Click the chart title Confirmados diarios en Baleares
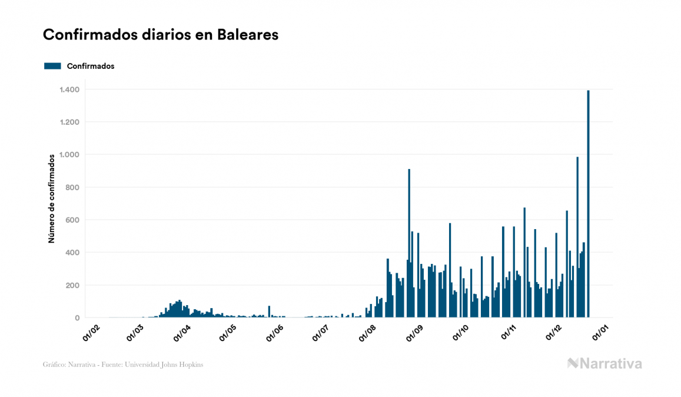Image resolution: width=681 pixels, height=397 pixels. [x=161, y=35]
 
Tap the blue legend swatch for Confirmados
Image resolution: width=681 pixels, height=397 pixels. [x=52, y=66]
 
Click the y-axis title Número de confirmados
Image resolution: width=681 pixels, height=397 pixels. [x=52, y=198]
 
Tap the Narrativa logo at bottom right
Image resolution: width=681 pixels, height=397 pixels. [x=604, y=363]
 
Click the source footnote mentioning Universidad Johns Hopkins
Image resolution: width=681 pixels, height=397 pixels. [x=123, y=365]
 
